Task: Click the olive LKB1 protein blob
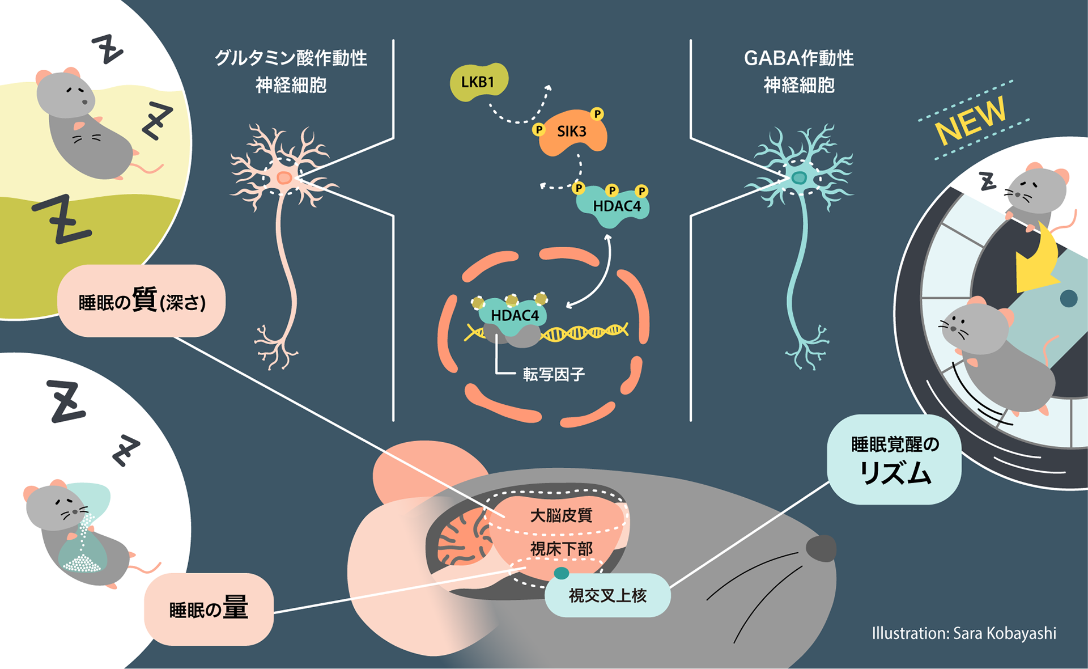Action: (478, 82)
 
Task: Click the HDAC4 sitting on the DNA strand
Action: (514, 315)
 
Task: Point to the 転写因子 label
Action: (553, 374)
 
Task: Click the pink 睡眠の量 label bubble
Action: (209, 609)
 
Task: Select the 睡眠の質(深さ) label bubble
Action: (142, 301)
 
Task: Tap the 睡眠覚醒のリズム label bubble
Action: (894, 460)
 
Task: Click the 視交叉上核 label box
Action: (607, 595)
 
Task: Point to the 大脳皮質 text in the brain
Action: (561, 515)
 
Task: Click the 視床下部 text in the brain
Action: (561, 549)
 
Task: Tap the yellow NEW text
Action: (970, 120)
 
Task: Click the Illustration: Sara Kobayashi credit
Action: (963, 633)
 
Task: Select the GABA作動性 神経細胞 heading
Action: (798, 71)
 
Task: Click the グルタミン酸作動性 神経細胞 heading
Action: (291, 71)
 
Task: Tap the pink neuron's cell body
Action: (284, 179)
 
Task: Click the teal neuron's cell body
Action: (799, 178)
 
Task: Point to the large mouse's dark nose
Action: (821, 548)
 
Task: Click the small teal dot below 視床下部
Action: (561, 573)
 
